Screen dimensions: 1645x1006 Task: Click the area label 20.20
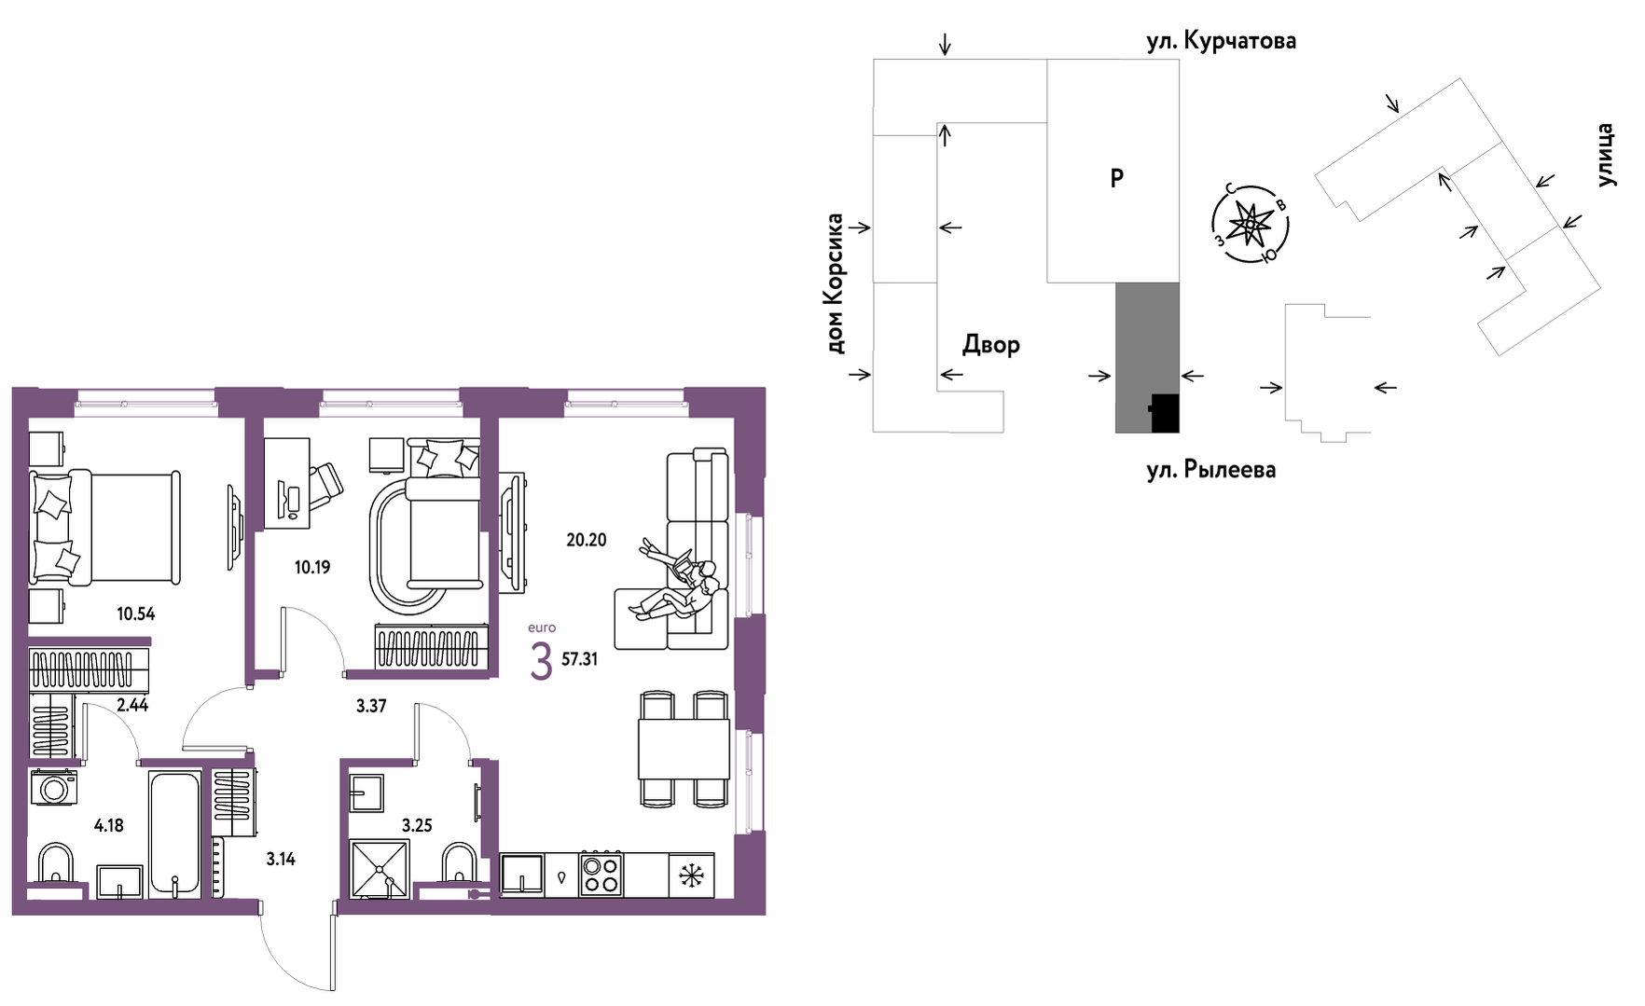(587, 540)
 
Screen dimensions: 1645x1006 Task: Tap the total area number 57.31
(579, 659)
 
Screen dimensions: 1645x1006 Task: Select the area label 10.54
(136, 613)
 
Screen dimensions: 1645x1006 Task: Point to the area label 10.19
(312, 567)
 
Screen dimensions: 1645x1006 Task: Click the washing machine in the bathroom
(54, 788)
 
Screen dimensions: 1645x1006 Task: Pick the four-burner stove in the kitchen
(601, 875)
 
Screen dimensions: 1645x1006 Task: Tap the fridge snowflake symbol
(691, 875)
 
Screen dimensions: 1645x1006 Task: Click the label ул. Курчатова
(1221, 41)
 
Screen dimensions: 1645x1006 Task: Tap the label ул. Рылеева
(1210, 470)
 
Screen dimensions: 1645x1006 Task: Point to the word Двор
(991, 345)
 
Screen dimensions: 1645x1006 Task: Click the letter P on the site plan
(1116, 177)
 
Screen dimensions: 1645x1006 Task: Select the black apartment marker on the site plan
(1165, 413)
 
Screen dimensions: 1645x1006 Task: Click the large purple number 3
(541, 661)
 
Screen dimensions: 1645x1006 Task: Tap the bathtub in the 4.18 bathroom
(174, 834)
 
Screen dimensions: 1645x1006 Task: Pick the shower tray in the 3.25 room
(379, 869)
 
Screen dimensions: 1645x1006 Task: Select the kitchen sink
(522, 875)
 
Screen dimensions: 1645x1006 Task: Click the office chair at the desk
(325, 485)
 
